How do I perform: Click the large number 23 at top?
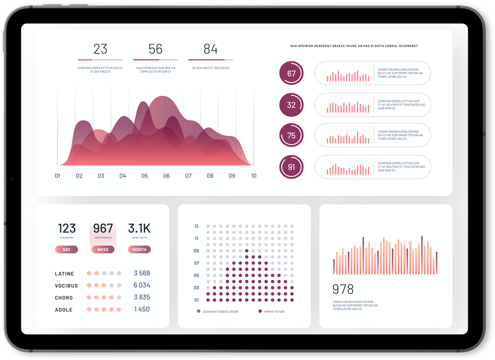tap(100, 49)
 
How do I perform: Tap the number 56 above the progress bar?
tap(155, 49)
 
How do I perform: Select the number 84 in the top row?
tap(210, 49)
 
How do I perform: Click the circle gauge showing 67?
tap(291, 74)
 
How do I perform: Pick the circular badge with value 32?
tap(291, 105)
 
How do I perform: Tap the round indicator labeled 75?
tap(291, 135)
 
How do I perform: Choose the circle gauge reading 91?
tap(291, 167)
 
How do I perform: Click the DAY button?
tap(66, 250)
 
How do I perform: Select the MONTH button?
tap(139, 250)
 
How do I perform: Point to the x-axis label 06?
tap(166, 176)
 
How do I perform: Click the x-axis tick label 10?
tap(253, 176)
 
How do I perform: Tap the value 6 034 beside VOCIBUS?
tap(142, 285)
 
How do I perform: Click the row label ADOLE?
tap(64, 310)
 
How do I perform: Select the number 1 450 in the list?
tap(142, 310)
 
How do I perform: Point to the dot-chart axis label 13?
tap(197, 226)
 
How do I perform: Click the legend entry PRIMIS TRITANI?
tap(274, 312)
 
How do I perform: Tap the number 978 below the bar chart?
tap(343, 290)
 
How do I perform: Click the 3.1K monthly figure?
tap(139, 228)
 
